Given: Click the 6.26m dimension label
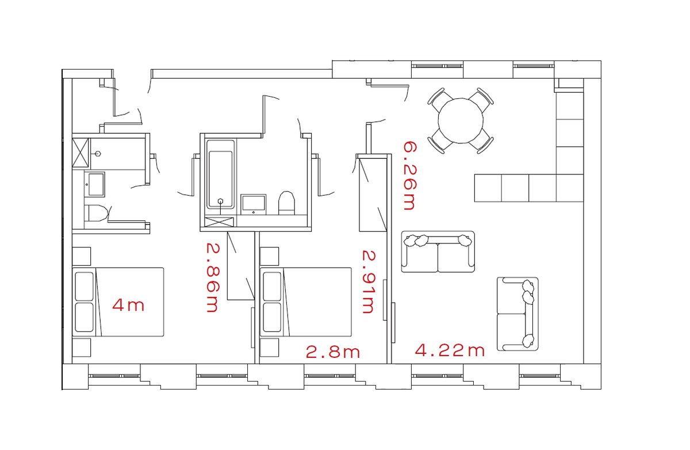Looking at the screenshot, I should [x=408, y=176].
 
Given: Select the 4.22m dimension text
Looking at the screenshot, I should [x=450, y=350].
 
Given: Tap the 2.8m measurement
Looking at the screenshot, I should [x=332, y=352].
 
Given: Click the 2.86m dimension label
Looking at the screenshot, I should [x=212, y=277].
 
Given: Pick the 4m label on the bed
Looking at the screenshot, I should [x=128, y=305].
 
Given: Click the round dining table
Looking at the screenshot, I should [x=461, y=120].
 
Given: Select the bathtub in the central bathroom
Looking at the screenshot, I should [x=221, y=174].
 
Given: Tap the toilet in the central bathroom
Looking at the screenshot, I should [x=286, y=203].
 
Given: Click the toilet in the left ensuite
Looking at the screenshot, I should [x=96, y=213].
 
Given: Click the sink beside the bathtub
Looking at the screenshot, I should [x=254, y=203].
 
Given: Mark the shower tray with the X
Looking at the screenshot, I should [x=81, y=151].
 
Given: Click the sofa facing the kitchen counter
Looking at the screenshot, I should [x=438, y=251].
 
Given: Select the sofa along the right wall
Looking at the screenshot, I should [x=517, y=314].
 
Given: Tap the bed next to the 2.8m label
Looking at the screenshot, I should [x=306, y=302].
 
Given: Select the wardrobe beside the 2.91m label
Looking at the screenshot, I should [x=373, y=193].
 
